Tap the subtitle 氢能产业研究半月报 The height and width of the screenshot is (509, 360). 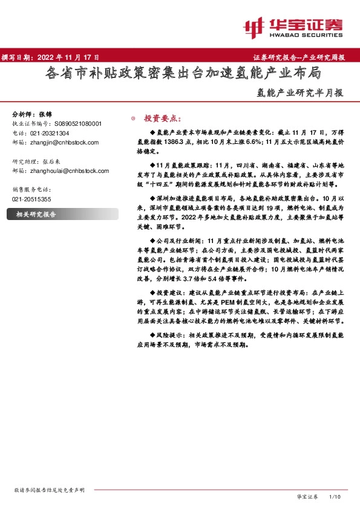pos(296,93)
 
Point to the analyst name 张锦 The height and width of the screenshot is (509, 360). pos(46,114)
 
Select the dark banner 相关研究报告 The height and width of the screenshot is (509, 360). pos(36,214)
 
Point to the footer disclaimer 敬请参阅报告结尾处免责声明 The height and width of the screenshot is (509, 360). pos(49,490)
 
